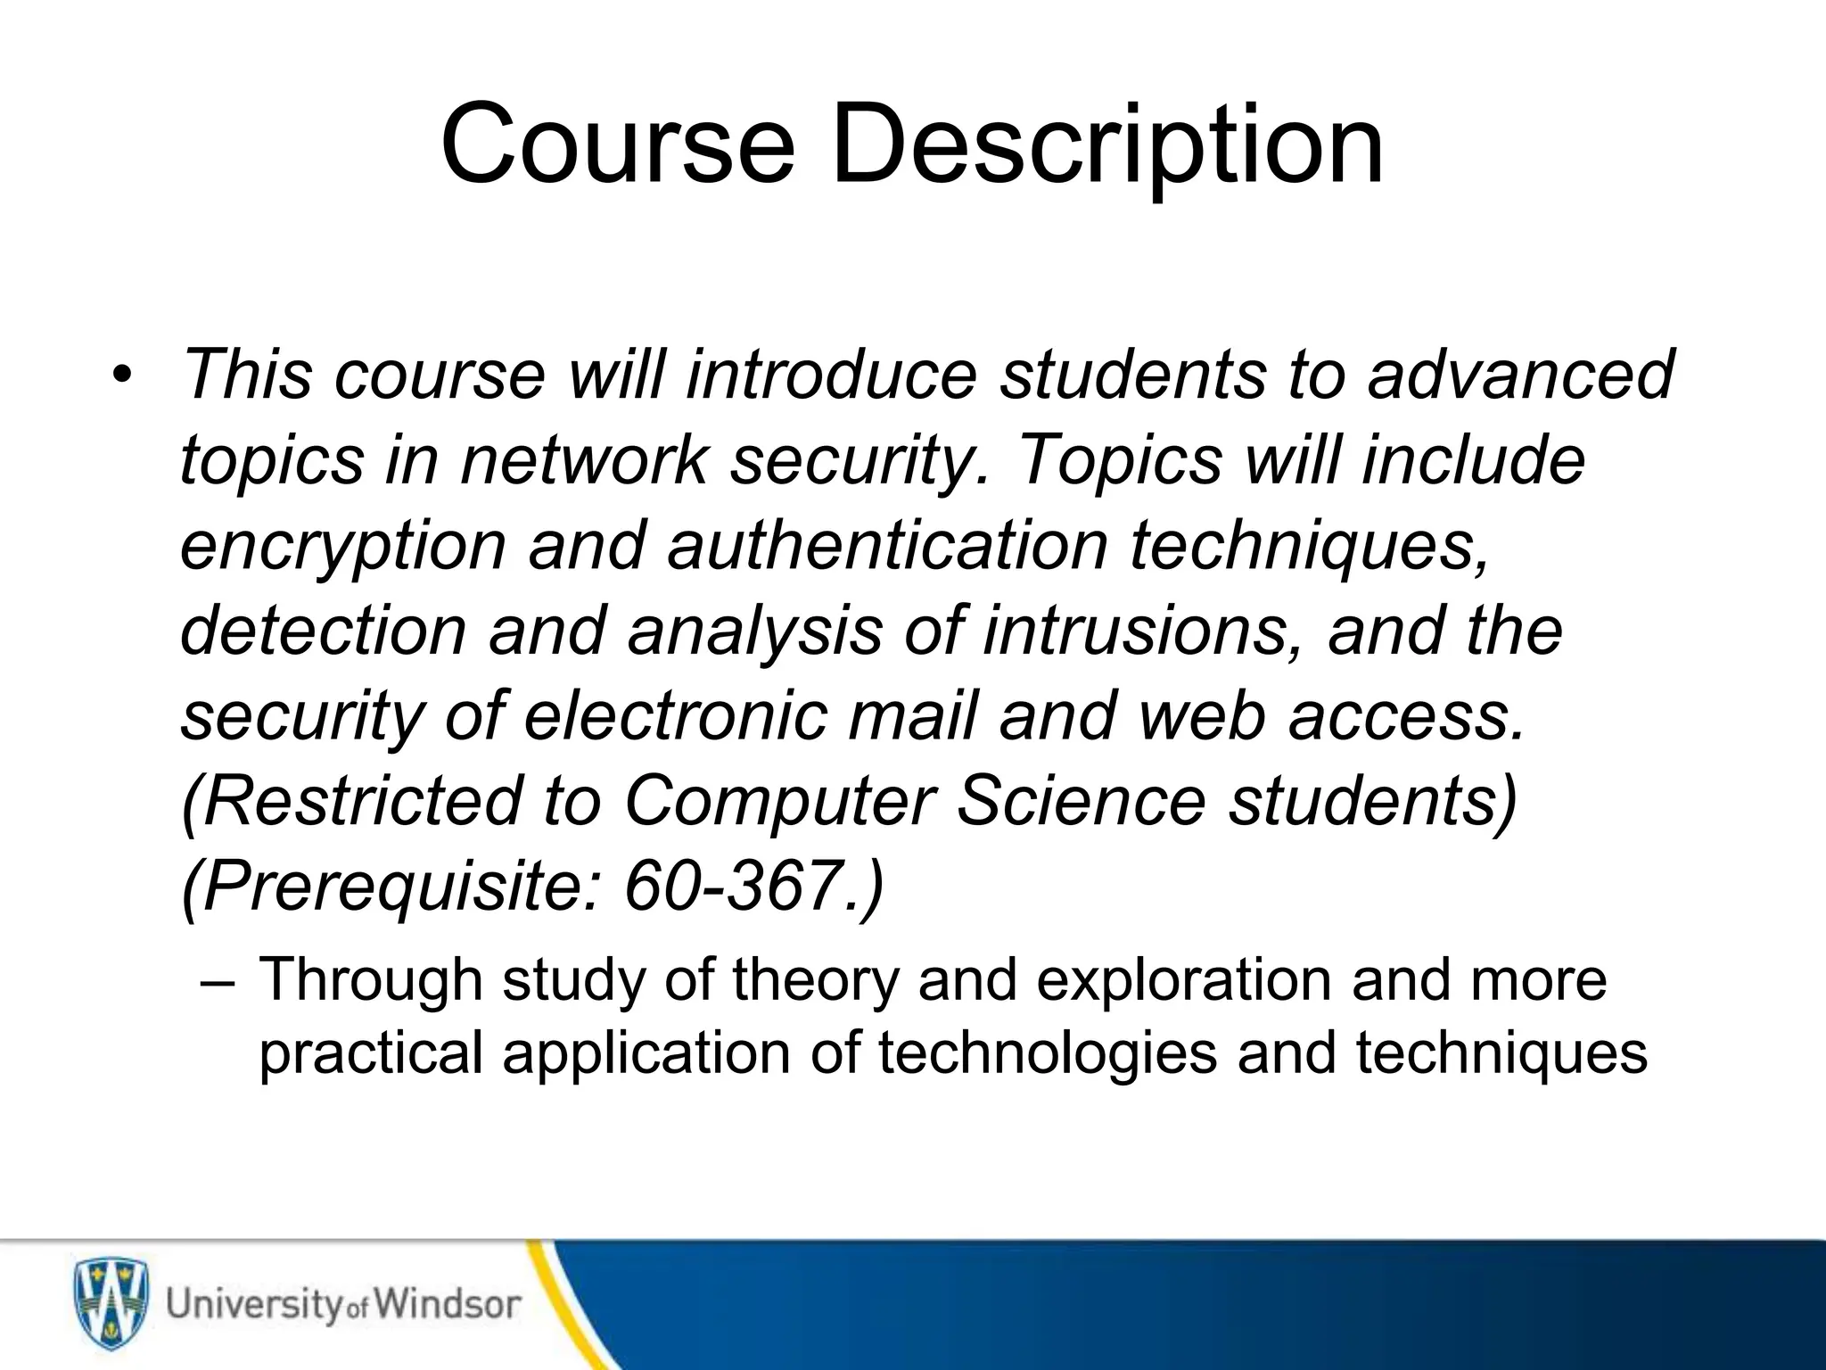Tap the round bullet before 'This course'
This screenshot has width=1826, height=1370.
point(122,374)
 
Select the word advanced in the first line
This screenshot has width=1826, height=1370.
point(1521,374)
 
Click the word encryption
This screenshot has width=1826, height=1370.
point(342,546)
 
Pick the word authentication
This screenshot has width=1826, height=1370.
point(887,546)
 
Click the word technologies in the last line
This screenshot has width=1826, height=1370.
point(1049,1053)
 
